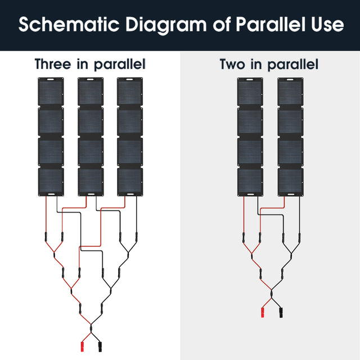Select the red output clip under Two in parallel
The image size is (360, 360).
[x=263, y=313]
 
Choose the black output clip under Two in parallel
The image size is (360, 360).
[x=280, y=313]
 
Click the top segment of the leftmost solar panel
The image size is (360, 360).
[x=51, y=92]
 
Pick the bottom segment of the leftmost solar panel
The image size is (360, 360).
[x=51, y=180]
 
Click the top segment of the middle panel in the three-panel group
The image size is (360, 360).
[x=90, y=92]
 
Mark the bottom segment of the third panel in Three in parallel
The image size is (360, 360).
[x=130, y=180]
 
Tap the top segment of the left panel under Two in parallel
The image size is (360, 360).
[x=250, y=93]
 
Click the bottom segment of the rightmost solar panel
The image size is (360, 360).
[x=290, y=180]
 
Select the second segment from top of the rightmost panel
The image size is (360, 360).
[x=290, y=121]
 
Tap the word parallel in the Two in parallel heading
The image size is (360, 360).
[x=292, y=65]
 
